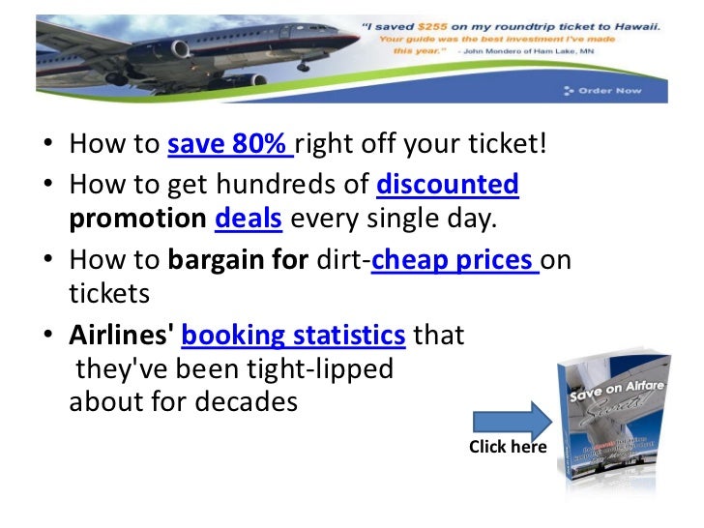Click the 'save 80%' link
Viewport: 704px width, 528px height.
click(229, 147)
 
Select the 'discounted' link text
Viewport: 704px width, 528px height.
click(447, 183)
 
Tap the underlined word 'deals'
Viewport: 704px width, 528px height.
click(248, 219)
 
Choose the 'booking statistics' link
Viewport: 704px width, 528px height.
click(293, 336)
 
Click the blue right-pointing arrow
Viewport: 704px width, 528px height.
click(511, 421)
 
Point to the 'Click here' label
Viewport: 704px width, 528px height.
click(507, 447)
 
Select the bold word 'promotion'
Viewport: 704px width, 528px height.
click(138, 219)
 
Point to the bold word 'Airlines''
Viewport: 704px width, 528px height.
click(122, 336)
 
